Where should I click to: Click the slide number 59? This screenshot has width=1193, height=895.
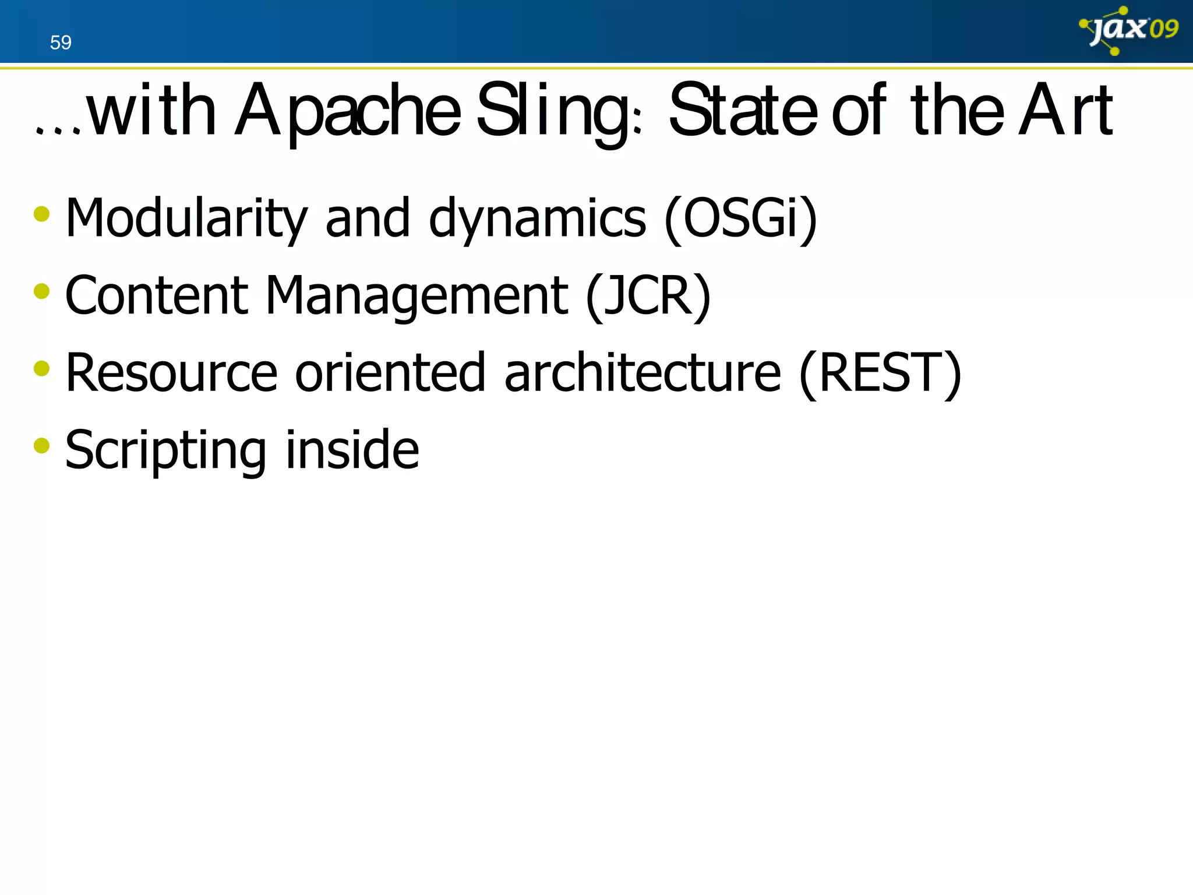click(x=61, y=43)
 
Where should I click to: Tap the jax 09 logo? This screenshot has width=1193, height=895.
click(x=1129, y=30)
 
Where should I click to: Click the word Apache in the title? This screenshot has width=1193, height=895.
click(x=348, y=111)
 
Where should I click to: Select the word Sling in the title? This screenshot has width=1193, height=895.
click(x=557, y=111)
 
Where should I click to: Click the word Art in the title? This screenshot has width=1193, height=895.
click(x=1065, y=111)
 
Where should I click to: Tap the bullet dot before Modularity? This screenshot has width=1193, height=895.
click(x=41, y=214)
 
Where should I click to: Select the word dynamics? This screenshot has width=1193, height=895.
click(x=537, y=219)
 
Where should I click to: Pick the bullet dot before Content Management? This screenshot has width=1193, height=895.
click(x=41, y=291)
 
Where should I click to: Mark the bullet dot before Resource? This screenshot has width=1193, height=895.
click(x=41, y=369)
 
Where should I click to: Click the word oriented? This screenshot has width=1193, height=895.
click(x=390, y=373)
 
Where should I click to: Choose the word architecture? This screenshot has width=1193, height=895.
click(x=642, y=373)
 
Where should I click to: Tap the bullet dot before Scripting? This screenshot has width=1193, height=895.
click(x=41, y=446)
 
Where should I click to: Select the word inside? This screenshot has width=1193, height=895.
click(x=352, y=450)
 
